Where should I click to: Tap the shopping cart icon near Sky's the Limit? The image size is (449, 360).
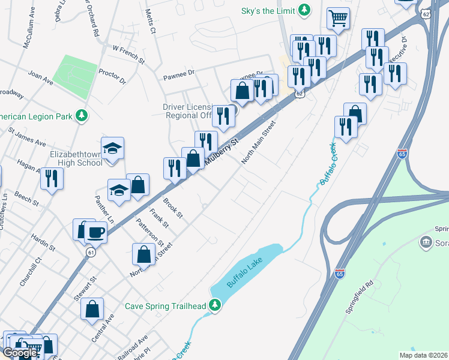tap(338, 19)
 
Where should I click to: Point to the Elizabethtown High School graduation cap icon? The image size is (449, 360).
tap(112, 148)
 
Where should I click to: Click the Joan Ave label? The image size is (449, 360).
tap(41, 75)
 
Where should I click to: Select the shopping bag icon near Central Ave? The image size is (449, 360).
tap(93, 310)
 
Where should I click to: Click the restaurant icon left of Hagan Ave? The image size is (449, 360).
tap(51, 178)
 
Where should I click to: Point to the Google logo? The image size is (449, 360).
tap(19, 353)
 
